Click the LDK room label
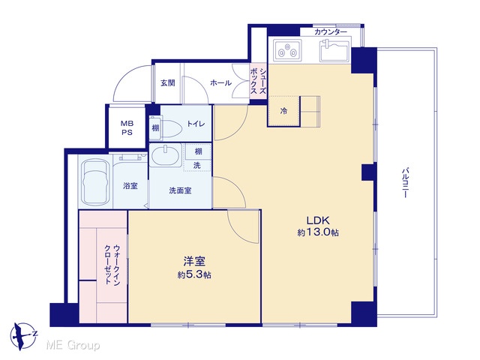pos(318,220)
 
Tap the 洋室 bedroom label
pos(194,262)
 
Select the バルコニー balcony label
pos(405,182)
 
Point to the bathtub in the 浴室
pos(95,181)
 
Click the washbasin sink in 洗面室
pos(165,155)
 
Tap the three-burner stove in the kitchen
pos(287,50)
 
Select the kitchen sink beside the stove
pos(334,50)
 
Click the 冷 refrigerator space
pos(283,110)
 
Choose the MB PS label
pos(127,128)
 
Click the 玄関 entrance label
pos(168,83)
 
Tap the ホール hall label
pos(220,82)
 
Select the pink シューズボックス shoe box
pos(258,82)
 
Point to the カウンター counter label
pos(331,31)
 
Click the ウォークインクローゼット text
pos(112,265)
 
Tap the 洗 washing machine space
pos(197,165)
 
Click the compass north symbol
pos(23,336)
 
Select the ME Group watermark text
pos(73,346)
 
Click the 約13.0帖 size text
pos(318,232)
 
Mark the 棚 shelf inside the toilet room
pos(155,127)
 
